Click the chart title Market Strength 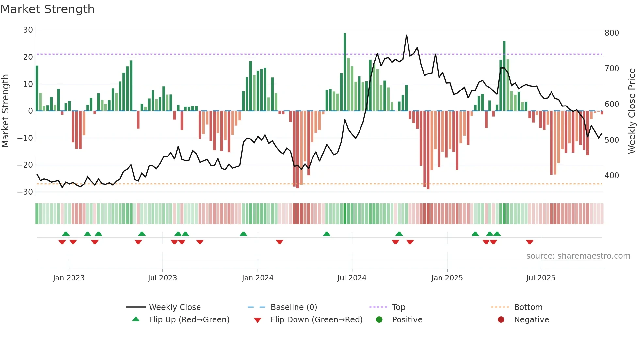[47, 9]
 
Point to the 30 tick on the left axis [28, 30]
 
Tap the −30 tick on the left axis [25, 192]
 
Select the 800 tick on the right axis [612, 33]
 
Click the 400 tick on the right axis [612, 176]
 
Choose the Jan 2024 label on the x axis [258, 278]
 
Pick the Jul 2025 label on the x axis [541, 278]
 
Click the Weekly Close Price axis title [632, 111]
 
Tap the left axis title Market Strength [6, 111]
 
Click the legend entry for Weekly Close [175, 307]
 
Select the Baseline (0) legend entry [294, 307]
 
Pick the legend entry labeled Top [399, 307]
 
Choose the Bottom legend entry [528, 307]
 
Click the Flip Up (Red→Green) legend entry [189, 320]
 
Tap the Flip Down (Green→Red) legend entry [316, 320]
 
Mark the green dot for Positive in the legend [379, 319]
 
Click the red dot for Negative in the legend [501, 319]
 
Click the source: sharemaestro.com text [578, 256]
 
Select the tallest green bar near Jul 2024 [345, 72]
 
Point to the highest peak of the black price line [407, 35]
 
